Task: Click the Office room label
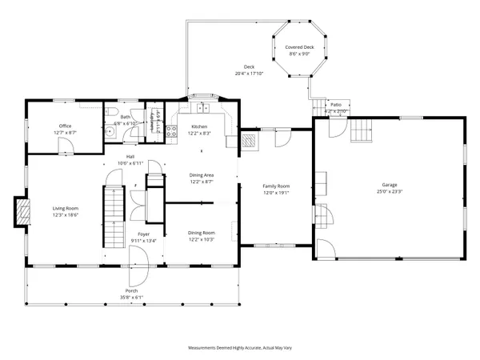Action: click(66, 125)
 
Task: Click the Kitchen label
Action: click(200, 127)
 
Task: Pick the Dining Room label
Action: click(201, 232)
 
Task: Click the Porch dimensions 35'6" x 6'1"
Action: click(132, 298)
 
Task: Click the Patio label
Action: click(335, 105)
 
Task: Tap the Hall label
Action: click(130, 156)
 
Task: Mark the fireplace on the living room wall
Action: click(19, 211)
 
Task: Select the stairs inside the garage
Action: click(364, 128)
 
